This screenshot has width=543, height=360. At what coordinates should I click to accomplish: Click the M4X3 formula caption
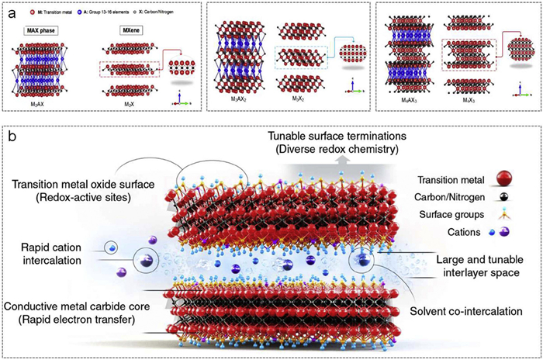tap(473, 103)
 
